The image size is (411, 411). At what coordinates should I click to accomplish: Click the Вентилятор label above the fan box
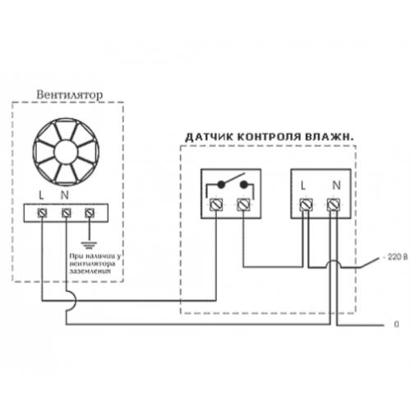click(70, 95)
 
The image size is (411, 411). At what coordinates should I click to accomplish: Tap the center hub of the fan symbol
click(66, 152)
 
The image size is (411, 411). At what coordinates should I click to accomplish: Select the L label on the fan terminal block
click(41, 196)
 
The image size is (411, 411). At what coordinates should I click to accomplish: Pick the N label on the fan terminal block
click(64, 196)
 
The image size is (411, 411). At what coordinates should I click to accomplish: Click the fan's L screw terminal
click(42, 213)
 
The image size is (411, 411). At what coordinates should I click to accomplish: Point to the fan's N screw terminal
click(66, 213)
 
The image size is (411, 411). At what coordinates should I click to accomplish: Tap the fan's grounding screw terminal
click(90, 213)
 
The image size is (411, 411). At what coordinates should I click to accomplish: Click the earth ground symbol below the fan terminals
click(89, 245)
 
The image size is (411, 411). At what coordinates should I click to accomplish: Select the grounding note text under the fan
click(95, 264)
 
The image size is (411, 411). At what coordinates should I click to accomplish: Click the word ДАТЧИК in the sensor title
click(209, 137)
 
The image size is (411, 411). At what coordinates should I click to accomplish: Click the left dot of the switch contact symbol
click(221, 184)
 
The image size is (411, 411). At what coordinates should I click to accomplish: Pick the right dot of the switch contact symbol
click(243, 184)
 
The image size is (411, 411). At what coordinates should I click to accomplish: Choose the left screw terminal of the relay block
click(216, 205)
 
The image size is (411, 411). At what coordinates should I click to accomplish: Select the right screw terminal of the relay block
click(243, 205)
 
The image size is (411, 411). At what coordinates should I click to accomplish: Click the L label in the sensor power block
click(302, 186)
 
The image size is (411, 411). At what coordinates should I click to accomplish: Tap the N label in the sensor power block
click(336, 186)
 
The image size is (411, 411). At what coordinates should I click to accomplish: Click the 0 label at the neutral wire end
click(396, 325)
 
